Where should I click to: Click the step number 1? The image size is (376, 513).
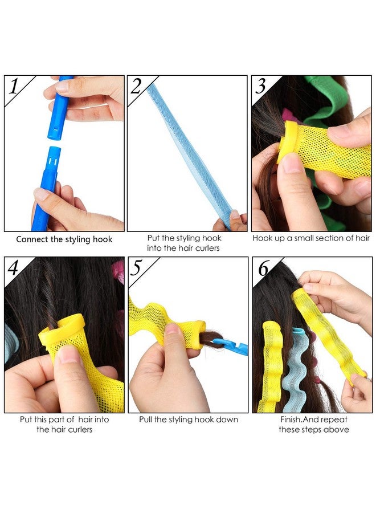tap(15, 87)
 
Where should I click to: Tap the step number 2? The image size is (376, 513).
tap(136, 86)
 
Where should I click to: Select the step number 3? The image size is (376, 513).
tap(261, 87)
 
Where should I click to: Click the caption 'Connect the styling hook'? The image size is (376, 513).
tap(64, 239)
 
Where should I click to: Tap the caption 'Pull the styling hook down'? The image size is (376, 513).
tap(189, 420)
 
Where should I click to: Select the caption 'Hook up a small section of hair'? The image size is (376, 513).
tap(312, 238)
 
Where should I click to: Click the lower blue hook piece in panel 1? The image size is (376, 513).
tap(48, 182)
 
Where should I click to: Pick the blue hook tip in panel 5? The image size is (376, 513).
tap(234, 345)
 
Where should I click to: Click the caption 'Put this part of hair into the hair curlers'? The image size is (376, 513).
tap(64, 424)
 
